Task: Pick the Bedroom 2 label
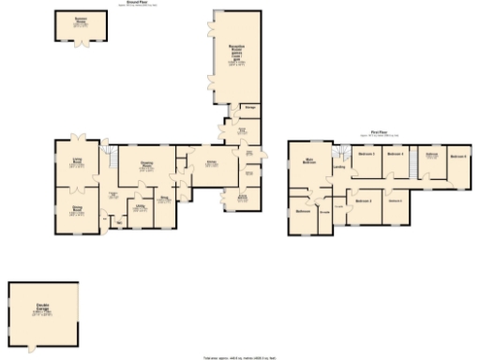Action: tap(367, 153)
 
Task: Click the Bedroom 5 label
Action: tap(396, 201)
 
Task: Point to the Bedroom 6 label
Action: tap(457, 155)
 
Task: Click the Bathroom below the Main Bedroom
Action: tap(303, 211)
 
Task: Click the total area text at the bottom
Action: tap(240, 356)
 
